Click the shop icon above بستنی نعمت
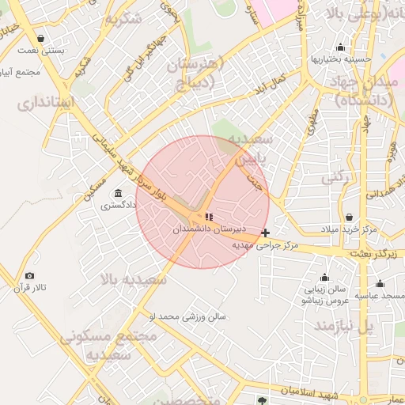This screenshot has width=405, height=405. click(x=40, y=38)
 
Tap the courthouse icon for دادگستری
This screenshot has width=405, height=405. click(x=118, y=194)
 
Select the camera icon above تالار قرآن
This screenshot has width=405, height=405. click(x=30, y=275)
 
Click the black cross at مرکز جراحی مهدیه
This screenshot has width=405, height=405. click(x=265, y=233)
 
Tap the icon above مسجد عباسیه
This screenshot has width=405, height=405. click(x=380, y=284)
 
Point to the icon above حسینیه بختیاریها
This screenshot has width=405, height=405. click(x=341, y=47)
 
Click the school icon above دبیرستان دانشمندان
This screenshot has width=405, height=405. click(x=209, y=216)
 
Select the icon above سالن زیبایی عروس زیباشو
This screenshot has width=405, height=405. click(x=324, y=278)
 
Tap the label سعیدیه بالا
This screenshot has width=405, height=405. click(x=133, y=279)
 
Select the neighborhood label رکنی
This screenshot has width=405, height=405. click(x=335, y=178)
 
